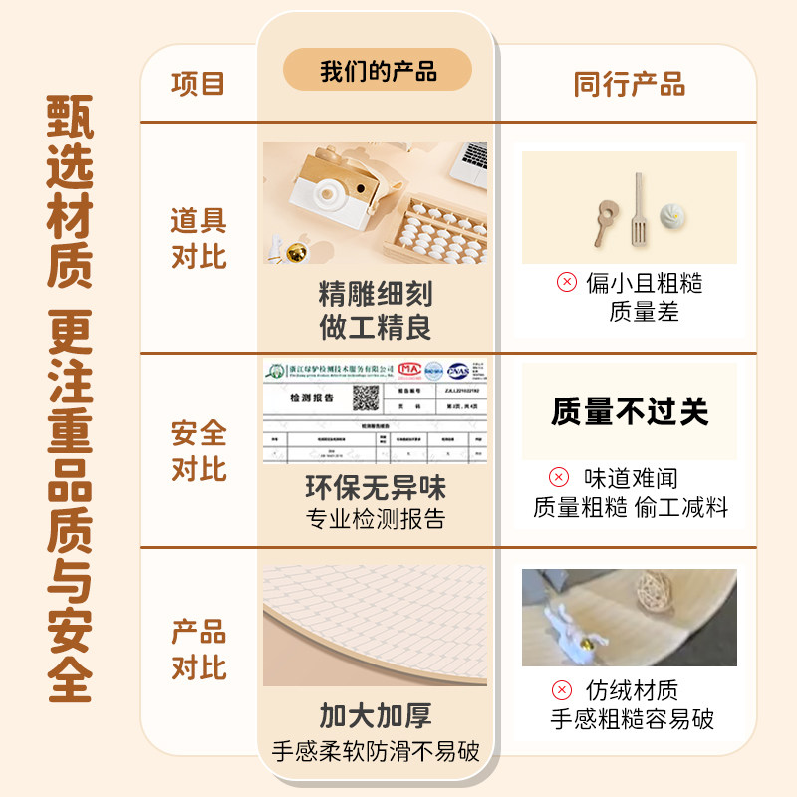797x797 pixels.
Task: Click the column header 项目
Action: click(198, 84)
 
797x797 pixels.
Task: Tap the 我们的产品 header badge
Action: click(378, 71)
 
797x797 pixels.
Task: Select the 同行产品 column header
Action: click(629, 85)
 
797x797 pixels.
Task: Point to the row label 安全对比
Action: click(198, 451)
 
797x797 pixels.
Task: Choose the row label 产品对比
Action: click(198, 650)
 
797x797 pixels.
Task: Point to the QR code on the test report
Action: click(366, 398)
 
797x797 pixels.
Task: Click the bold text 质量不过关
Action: click(629, 411)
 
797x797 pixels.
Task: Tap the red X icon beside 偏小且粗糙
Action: click(566, 283)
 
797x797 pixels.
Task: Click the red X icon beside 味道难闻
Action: click(560, 478)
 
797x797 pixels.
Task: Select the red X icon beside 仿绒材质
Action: click(563, 690)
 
